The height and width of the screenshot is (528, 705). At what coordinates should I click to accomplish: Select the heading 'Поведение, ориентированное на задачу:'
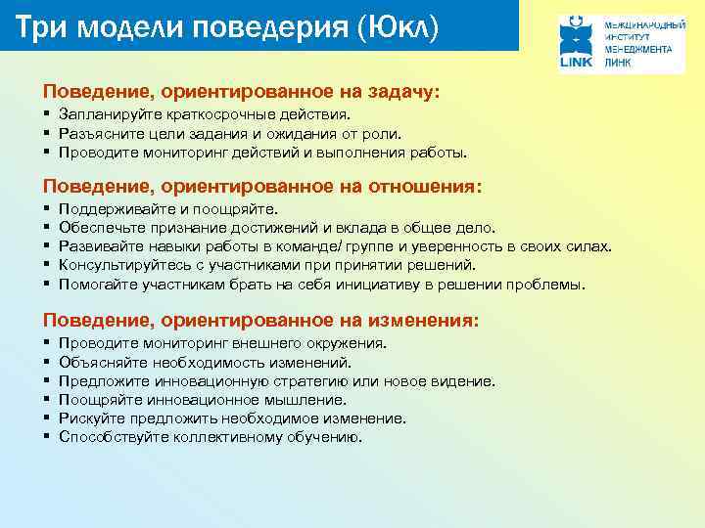(x=241, y=91)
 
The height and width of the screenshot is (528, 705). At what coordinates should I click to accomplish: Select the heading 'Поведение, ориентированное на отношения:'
(x=262, y=186)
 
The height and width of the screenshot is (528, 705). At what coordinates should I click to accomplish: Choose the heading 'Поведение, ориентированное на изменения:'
(x=260, y=320)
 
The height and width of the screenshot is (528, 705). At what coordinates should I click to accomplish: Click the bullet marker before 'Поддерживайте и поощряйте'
(x=47, y=209)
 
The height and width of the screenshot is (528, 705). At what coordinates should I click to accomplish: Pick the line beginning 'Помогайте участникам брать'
(x=322, y=285)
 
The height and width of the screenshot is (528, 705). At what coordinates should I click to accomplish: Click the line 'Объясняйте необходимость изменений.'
(x=191, y=363)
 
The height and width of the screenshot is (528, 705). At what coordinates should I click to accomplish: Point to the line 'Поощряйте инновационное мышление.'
(x=203, y=400)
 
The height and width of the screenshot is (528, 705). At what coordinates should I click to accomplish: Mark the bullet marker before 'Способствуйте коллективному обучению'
(x=47, y=437)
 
